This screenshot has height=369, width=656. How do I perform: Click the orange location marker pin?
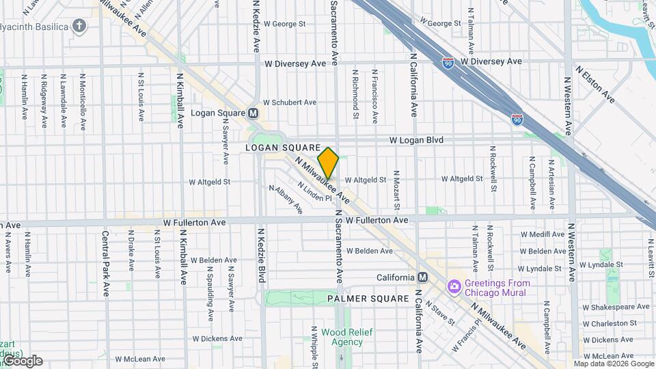pos(328,163)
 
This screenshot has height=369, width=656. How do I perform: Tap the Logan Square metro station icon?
pos(253,113)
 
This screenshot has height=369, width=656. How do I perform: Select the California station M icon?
pos(422,277)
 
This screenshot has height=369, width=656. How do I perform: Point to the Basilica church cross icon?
pos(80,27)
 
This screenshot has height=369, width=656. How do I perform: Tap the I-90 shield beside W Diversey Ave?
pos(448,62)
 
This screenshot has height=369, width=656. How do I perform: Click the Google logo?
pos(22,361)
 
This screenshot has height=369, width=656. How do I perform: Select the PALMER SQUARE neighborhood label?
pos(362,299)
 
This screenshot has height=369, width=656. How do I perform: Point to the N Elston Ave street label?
pos(594,85)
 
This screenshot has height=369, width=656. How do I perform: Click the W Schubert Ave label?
pos(290,102)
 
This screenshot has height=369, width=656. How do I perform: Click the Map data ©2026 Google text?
pos(613,364)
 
